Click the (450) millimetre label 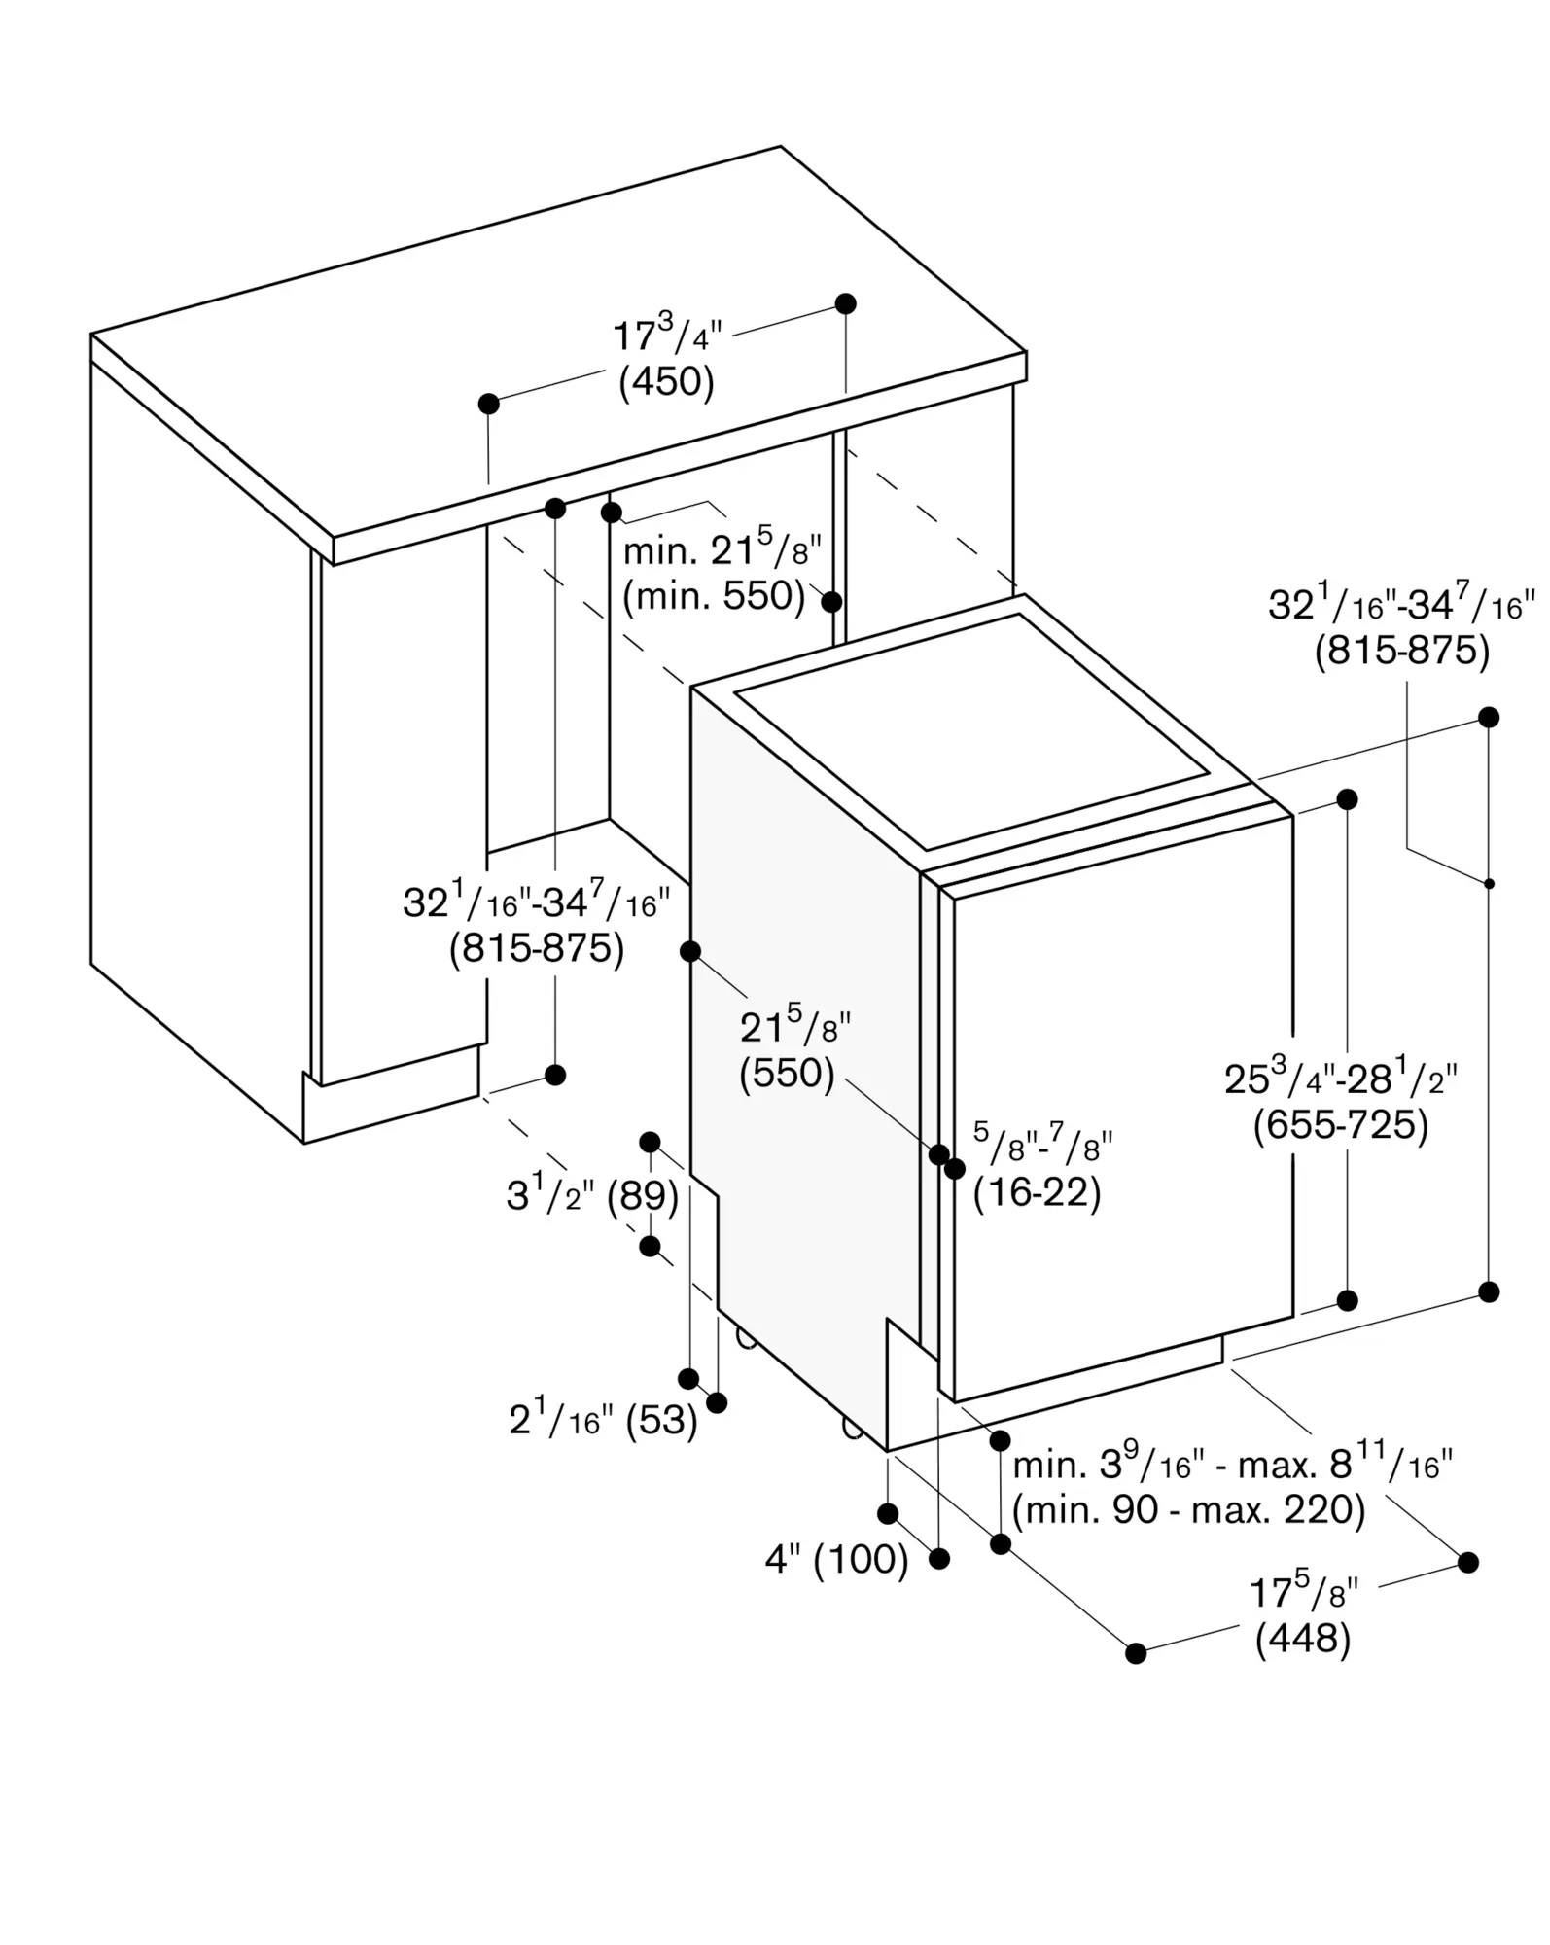click(667, 381)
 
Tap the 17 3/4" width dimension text click(667, 336)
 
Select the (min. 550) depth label click(715, 596)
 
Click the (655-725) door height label click(1341, 1125)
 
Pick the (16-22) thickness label click(1038, 1192)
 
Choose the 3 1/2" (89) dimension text click(592, 1195)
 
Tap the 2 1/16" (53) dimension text click(604, 1420)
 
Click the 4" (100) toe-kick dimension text click(837, 1560)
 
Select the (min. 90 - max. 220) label click(1189, 1509)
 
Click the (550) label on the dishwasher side click(788, 1074)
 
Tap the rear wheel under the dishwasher click(746, 1338)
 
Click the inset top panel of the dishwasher click(972, 731)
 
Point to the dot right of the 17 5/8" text click(1468, 1562)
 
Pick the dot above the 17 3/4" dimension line click(846, 303)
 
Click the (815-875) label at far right click(1402, 651)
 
